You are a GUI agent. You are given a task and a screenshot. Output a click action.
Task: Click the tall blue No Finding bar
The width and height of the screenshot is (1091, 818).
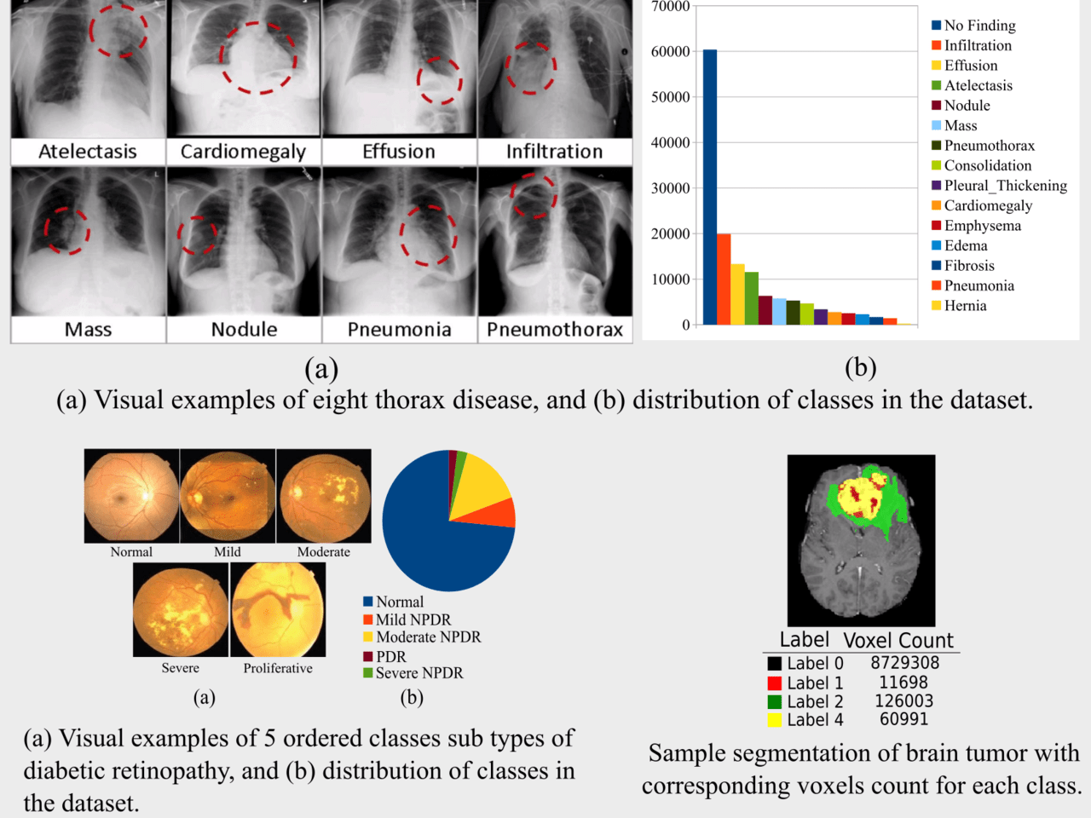(709, 187)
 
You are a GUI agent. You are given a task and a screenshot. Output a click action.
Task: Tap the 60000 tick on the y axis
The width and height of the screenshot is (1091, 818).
(670, 52)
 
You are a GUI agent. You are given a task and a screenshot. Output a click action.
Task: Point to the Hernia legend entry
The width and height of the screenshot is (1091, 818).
(965, 306)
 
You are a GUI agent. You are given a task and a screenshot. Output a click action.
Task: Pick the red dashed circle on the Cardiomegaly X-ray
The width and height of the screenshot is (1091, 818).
(258, 57)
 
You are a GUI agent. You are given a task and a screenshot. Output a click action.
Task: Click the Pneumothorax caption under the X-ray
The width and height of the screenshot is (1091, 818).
(555, 330)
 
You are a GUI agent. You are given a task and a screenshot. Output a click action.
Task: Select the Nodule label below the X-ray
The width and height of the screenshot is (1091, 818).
(244, 330)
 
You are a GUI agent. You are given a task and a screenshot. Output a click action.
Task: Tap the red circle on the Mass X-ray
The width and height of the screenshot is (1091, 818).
(67, 230)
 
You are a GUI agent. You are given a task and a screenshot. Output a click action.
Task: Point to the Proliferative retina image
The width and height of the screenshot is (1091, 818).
(278, 610)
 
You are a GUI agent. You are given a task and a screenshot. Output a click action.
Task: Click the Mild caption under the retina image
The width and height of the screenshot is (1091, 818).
(228, 552)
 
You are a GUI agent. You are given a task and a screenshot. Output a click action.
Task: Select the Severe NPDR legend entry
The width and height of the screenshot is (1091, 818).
(419, 673)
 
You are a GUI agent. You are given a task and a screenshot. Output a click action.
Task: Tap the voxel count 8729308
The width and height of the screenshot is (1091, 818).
(904, 663)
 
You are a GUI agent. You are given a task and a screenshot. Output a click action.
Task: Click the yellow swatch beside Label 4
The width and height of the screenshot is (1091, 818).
(774, 720)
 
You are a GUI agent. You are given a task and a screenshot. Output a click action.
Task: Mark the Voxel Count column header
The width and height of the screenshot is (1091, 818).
(898, 641)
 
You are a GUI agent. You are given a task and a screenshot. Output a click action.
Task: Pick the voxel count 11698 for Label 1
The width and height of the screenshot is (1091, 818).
(903, 683)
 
